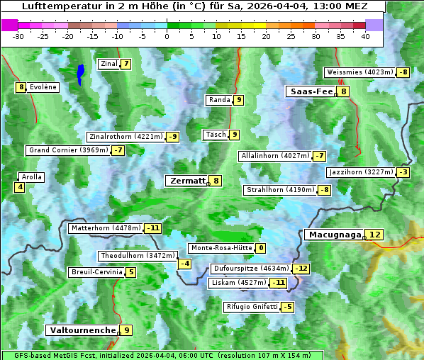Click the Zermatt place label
coord(186,181)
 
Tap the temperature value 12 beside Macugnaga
coord(375,235)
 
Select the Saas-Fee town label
coord(311,91)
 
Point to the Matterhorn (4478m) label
coord(105,228)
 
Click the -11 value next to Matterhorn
coord(152,228)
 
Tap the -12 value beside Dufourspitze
coord(301,269)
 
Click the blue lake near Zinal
coord(81,73)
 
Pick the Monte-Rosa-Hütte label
coord(221,248)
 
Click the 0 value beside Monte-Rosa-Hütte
coord(261,248)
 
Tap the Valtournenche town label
coord(81,330)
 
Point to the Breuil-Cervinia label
coord(96,272)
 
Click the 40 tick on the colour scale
coord(365,36)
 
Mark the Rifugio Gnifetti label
coord(252,307)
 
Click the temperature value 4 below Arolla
coord(20,188)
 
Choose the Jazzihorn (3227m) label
coord(360,172)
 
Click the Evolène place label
coord(43,87)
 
